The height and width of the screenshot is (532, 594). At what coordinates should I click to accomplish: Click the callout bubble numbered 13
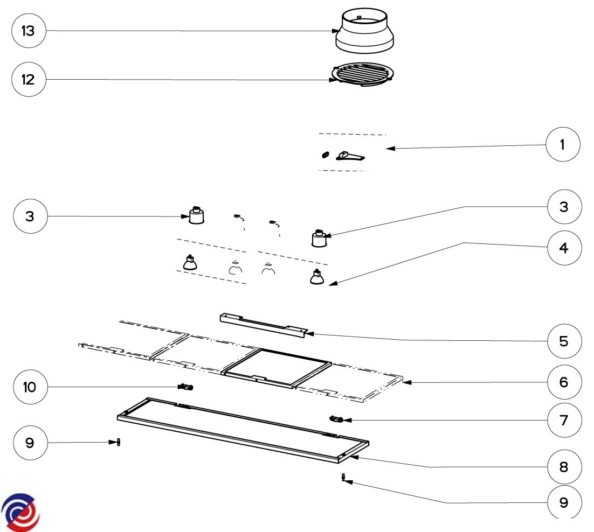click(x=28, y=31)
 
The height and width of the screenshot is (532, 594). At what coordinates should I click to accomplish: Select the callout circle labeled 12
click(x=28, y=80)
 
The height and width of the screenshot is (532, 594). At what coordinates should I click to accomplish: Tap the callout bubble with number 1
click(x=563, y=145)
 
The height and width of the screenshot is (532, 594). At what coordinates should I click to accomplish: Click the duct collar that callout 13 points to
click(x=365, y=35)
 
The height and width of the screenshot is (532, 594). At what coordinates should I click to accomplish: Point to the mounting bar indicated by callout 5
click(x=263, y=325)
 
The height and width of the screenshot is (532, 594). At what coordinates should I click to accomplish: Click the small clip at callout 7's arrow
click(x=336, y=418)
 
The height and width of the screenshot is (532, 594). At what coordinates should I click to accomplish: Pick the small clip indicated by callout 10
click(x=186, y=387)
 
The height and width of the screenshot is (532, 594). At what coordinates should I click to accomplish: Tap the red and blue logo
click(x=20, y=511)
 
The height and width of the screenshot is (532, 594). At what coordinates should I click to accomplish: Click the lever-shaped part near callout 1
click(x=350, y=156)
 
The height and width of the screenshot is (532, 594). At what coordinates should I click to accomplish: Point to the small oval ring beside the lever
click(x=324, y=155)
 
